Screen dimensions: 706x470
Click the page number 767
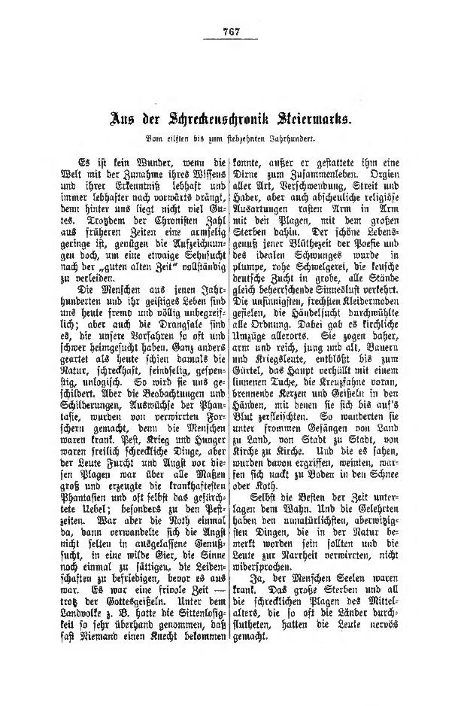231,31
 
